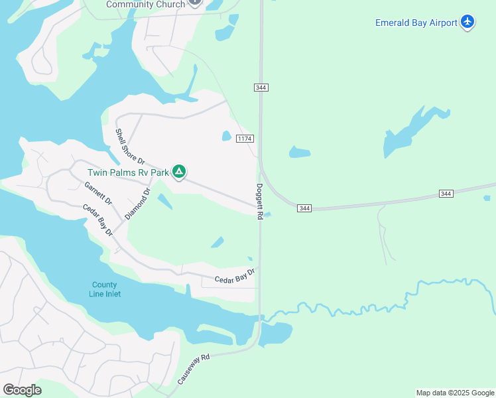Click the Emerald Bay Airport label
coord(416,23)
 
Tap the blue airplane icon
coord(468,22)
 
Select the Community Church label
coord(146,4)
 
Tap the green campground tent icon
coord(178,172)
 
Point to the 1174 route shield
coord(245,138)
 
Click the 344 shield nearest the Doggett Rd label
coord(304,208)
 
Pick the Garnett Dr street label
coord(98,193)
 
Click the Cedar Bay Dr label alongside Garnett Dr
coord(97,220)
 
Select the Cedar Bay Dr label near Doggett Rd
coord(235,277)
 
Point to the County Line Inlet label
coord(105,289)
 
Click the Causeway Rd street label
coord(193,369)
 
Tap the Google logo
coord(22,389)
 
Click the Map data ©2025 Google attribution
coord(455,393)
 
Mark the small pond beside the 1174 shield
coord(227,136)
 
